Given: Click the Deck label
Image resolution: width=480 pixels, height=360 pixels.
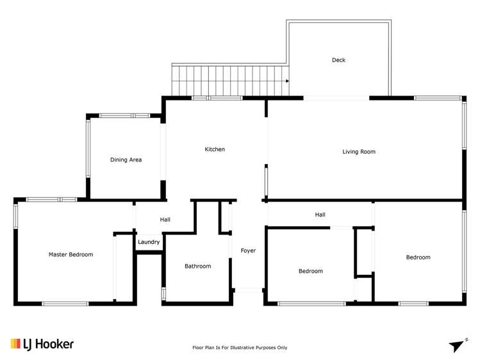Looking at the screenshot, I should (338, 60).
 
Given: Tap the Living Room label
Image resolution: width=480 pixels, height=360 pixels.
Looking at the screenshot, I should (359, 152).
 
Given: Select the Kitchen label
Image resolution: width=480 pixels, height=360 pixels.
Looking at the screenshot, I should (215, 149).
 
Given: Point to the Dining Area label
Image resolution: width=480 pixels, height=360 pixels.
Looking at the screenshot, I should (126, 160).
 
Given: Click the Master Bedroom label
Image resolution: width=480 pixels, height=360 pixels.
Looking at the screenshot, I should (70, 254).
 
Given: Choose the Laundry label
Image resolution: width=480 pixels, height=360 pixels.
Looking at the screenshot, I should (149, 242).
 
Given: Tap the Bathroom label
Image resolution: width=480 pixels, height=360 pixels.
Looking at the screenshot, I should (197, 266).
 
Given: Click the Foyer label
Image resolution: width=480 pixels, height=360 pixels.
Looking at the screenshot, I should (248, 250).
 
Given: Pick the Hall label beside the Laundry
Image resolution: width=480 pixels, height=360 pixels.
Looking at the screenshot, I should (165, 220).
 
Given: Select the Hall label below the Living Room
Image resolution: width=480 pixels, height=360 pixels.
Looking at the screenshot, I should (320, 215).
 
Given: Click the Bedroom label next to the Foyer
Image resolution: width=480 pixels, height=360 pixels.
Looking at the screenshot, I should (311, 271).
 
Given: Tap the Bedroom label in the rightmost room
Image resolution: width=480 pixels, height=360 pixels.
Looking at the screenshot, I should (418, 258).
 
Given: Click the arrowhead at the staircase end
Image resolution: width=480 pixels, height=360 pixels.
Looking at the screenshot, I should (287, 81).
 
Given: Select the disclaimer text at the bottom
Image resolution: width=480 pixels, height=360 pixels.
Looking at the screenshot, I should (240, 348).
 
